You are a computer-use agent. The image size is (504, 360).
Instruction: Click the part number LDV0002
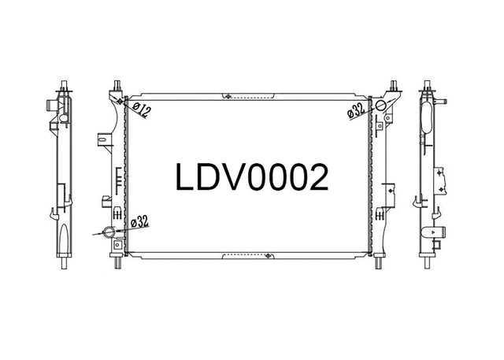coord(252,177)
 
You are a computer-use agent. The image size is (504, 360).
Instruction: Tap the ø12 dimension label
coord(141,110)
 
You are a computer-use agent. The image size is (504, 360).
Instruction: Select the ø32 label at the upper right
coord(356,110)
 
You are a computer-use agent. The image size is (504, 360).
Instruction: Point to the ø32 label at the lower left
coord(139,222)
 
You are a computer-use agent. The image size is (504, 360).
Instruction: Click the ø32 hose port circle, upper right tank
coord(380,105)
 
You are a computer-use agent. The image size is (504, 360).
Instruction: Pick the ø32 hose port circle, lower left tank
coord(109,232)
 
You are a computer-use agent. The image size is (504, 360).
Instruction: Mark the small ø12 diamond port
coord(120,102)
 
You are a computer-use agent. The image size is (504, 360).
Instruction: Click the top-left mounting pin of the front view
coord(117,86)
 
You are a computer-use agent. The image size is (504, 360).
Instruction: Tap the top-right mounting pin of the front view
coord(393,86)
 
